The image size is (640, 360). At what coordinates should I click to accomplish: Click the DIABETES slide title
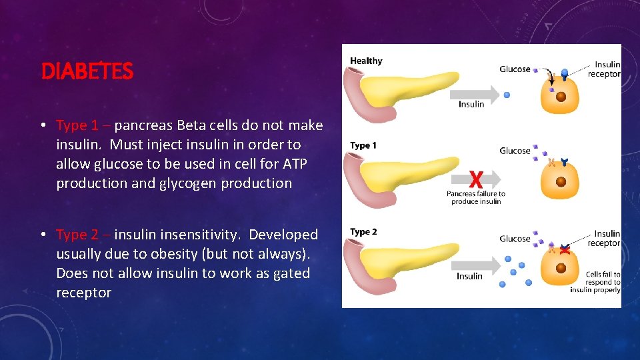coord(87,71)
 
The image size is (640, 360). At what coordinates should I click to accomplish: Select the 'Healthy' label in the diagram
coord(366,61)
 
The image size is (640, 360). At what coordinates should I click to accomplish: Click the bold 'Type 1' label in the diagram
coord(363,146)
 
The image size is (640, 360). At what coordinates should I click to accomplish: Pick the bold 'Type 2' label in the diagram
coord(363,232)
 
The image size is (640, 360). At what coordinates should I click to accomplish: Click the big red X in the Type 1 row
coord(476,179)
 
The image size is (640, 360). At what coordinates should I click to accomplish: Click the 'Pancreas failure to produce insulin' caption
coord(476,197)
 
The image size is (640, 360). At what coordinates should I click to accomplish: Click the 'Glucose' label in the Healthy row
coord(515,69)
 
